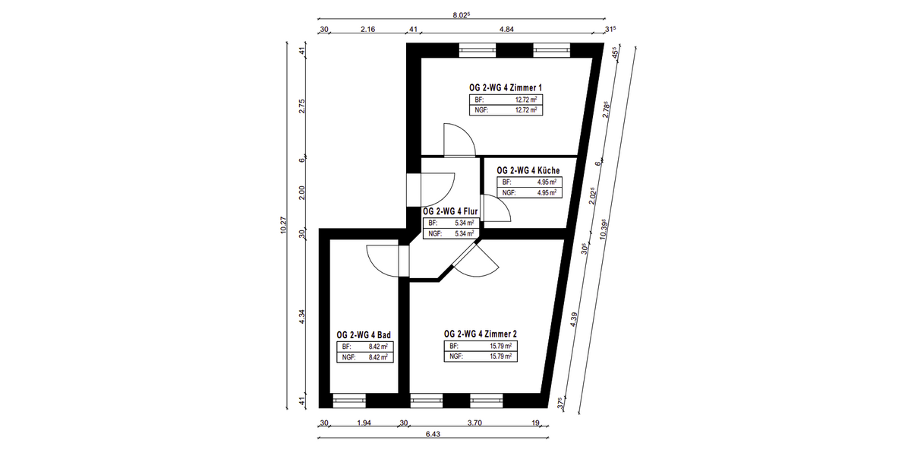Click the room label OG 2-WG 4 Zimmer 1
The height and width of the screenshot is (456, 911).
pos(506,87)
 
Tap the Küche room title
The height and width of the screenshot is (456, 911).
pos(528,170)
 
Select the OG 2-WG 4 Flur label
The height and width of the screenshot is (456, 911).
pos(450,211)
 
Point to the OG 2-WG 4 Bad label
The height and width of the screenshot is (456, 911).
pos(364,335)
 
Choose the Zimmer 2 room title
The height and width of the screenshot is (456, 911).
pos(481,334)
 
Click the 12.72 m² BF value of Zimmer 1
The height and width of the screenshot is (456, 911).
pos(526,100)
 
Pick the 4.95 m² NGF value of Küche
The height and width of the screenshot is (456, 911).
pos(547,193)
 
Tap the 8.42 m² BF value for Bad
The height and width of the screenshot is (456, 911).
pos(378,347)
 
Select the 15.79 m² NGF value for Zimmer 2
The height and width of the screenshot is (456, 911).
pos(500,356)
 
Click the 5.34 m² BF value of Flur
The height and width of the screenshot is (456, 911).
pos(465,223)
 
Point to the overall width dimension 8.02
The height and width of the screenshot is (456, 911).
pos(462,15)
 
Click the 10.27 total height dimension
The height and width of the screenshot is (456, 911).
pos(283,225)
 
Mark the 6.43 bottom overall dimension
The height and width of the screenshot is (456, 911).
pos(433,434)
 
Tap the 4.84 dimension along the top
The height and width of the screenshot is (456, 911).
pos(507,30)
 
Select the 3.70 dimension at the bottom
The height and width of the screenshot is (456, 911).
pos(474,423)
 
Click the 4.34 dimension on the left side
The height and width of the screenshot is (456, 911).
pos(302,317)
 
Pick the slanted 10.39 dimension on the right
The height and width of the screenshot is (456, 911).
pos(604,230)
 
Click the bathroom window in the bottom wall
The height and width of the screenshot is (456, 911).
pos(349,401)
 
